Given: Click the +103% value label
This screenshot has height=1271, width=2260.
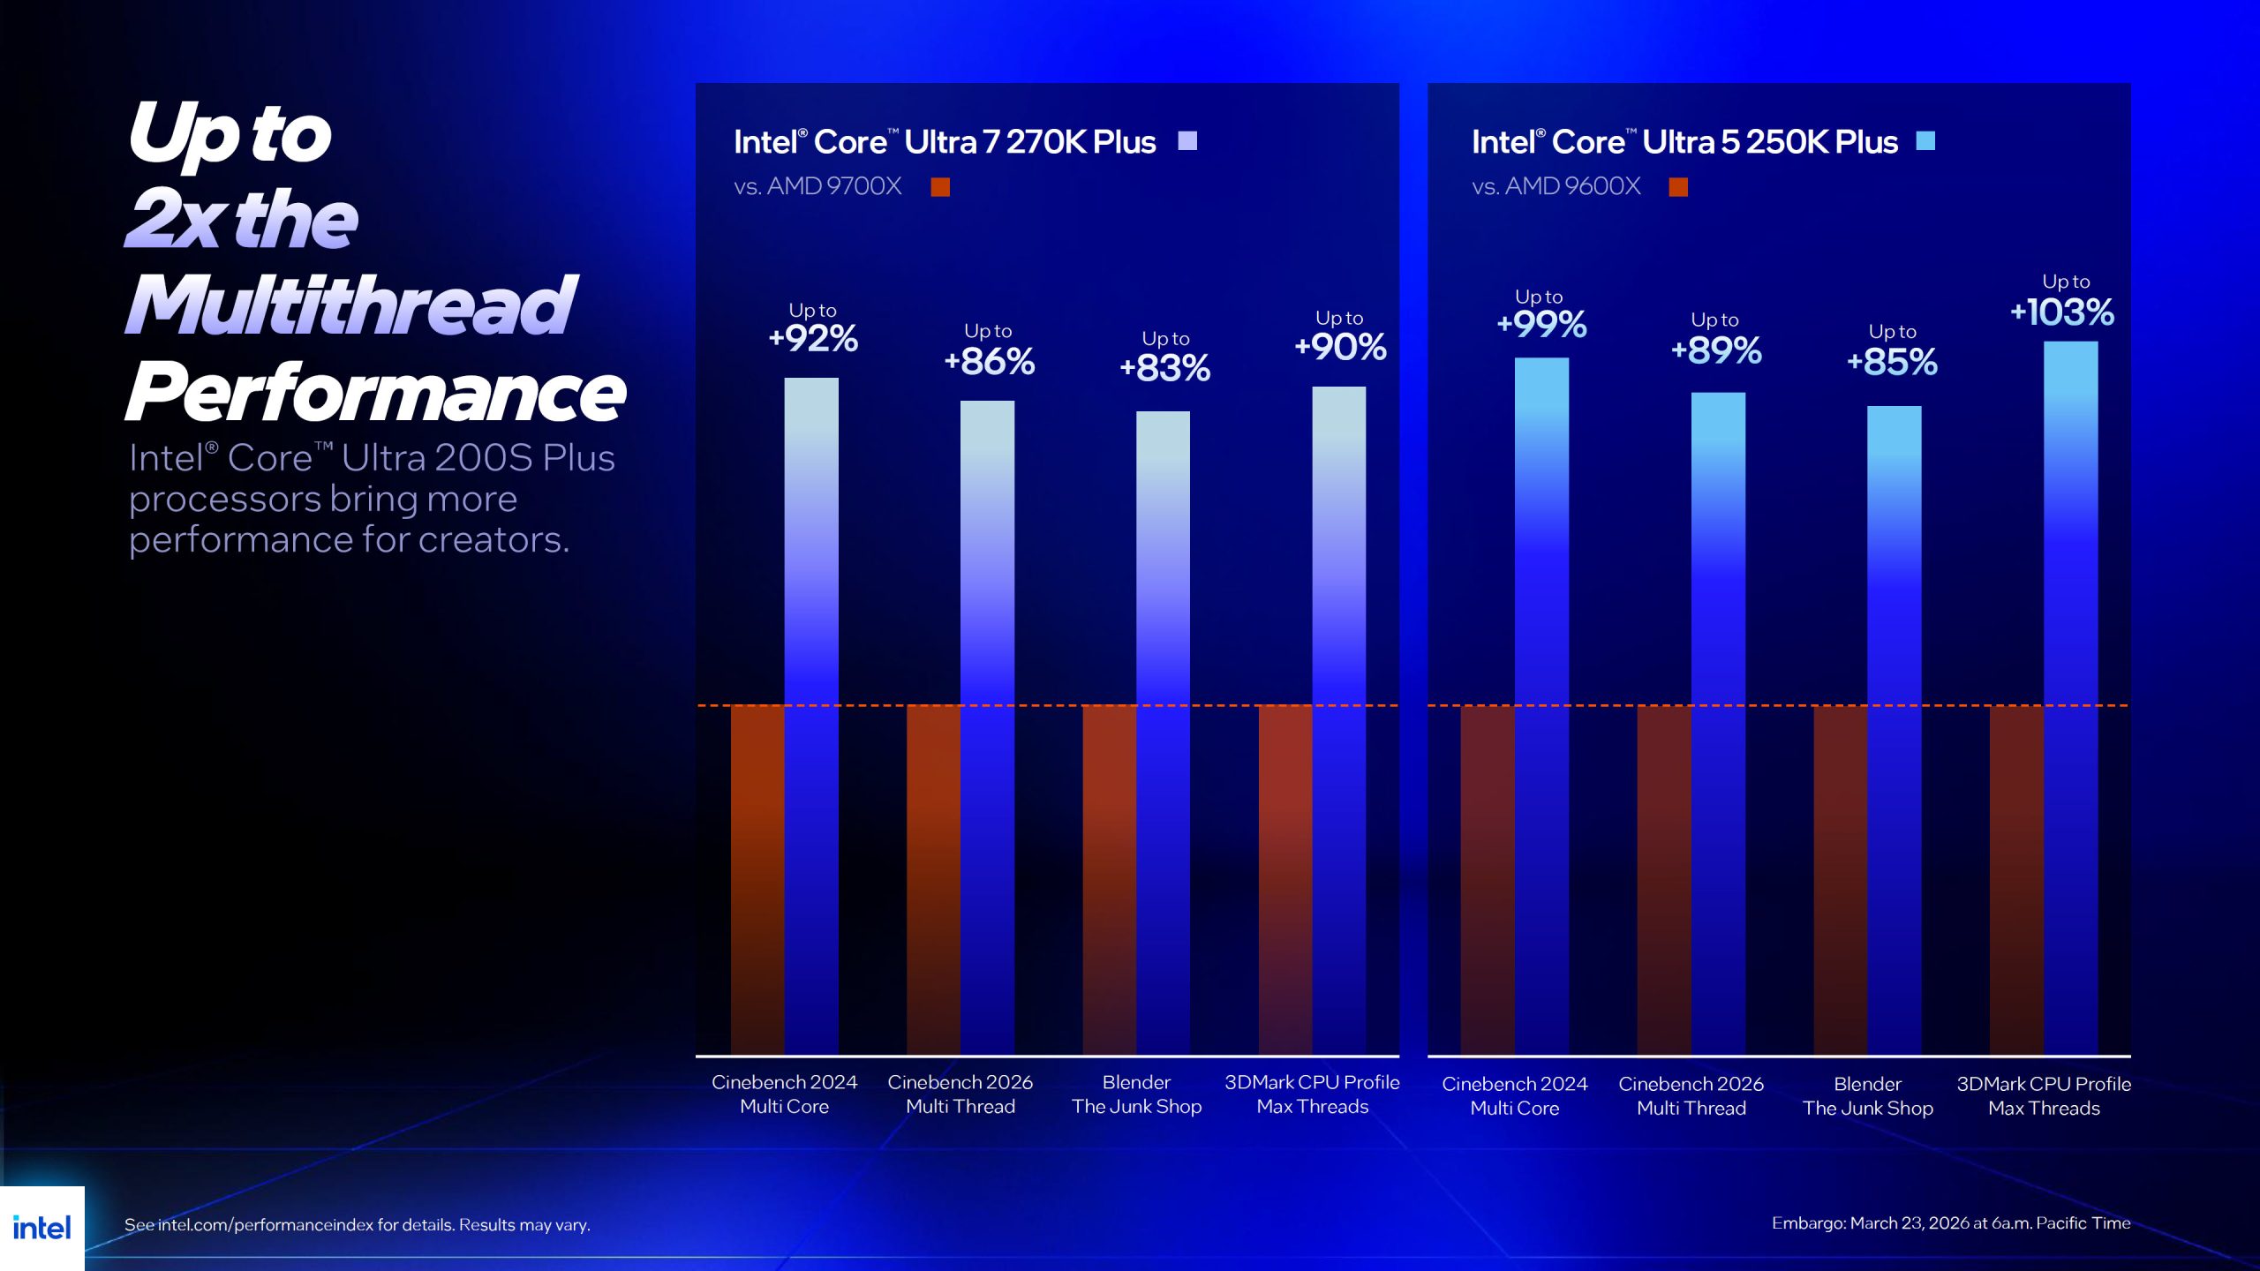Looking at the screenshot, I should point(2062,312).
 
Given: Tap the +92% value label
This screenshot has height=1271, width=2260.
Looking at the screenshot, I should point(813,339).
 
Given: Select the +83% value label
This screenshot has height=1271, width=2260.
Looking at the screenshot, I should point(1164,368).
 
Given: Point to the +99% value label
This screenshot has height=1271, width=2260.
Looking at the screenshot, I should point(1541,325).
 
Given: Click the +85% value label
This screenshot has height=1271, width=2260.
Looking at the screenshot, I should point(1892,362).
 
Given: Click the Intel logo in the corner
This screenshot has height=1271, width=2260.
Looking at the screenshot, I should point(41,1228).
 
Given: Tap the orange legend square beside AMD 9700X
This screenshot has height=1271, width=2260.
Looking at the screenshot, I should point(940,187).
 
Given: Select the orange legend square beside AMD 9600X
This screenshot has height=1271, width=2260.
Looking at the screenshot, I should point(1678,187).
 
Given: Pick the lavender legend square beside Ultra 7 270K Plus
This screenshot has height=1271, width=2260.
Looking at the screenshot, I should point(1187,141).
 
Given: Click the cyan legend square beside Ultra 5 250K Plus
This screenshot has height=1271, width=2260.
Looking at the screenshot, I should point(1925,141).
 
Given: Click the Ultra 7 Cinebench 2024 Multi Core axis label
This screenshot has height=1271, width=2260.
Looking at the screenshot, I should point(784,1094).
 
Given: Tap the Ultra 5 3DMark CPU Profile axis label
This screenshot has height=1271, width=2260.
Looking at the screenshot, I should point(2044,1096).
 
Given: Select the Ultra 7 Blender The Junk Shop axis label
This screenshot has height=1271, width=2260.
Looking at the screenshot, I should point(1136,1094).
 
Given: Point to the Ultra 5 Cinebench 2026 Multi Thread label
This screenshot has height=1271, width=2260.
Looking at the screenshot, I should point(1691,1096).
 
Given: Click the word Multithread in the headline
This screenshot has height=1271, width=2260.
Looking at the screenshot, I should point(351,305).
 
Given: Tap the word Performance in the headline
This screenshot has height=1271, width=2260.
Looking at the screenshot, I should point(376,393).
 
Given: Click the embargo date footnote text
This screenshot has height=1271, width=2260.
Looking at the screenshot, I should point(1950,1223).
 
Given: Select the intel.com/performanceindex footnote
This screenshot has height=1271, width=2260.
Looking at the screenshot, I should point(357,1225).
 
